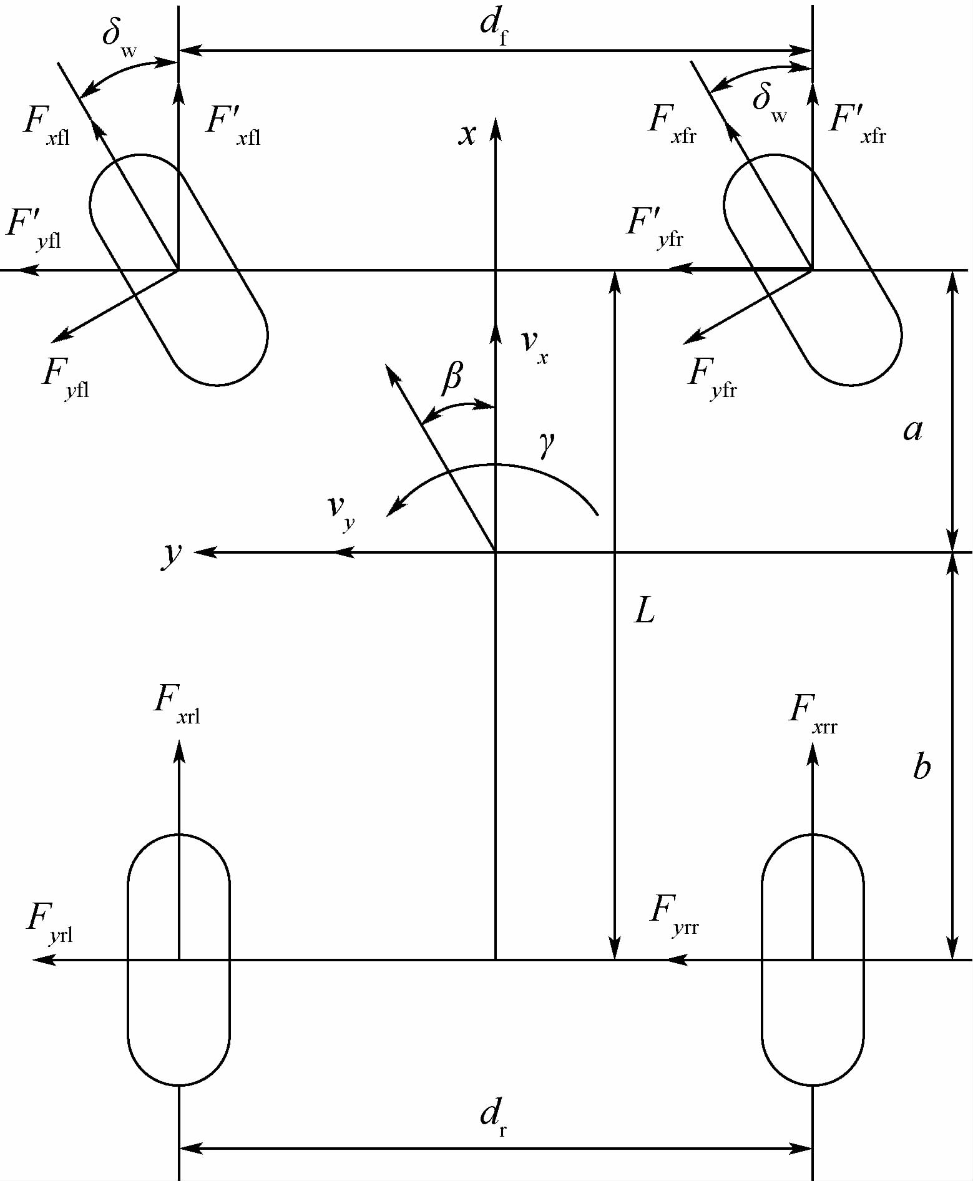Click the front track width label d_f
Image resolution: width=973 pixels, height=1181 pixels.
[494, 27]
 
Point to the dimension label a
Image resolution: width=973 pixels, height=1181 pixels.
[912, 430]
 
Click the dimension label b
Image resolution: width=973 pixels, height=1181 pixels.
[921, 767]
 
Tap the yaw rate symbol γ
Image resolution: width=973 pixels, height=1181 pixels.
[547, 444]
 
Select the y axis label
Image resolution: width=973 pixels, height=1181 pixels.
[172, 553]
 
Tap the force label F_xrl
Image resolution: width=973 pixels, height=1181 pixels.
[177, 703]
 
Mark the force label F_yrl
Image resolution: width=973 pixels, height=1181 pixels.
[50, 923]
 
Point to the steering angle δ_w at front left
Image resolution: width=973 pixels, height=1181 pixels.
[119, 37]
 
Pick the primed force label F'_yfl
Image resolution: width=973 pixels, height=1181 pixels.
[34, 228]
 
